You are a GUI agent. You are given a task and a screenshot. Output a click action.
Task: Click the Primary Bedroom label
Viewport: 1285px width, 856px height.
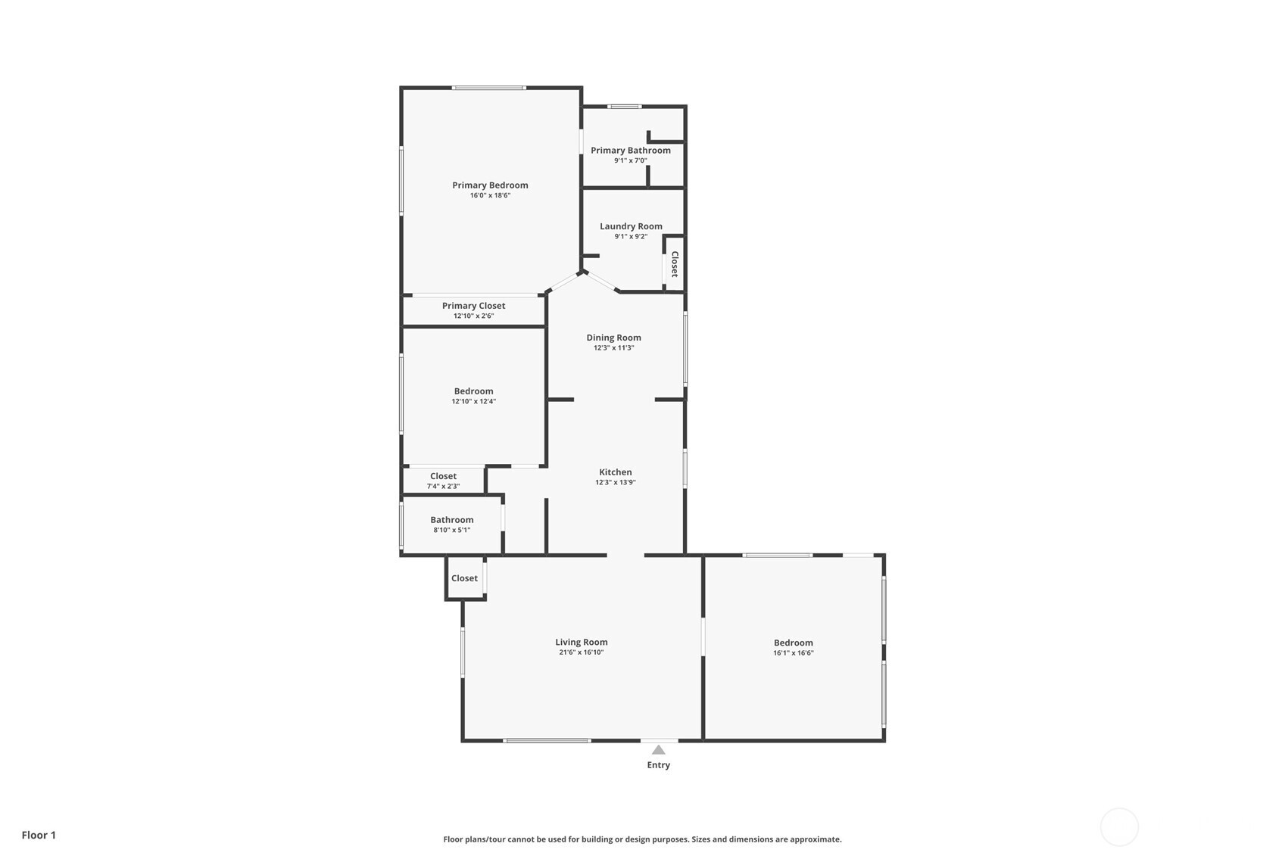point(490,185)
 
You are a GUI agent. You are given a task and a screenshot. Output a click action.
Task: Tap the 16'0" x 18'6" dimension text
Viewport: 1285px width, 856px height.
point(490,195)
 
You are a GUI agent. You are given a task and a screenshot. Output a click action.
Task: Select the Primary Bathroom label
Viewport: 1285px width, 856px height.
point(631,150)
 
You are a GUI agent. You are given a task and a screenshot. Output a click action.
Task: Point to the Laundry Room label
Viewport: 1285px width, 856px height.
point(631,226)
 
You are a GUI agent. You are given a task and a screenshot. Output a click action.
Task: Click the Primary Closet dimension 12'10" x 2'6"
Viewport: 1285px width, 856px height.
point(473,316)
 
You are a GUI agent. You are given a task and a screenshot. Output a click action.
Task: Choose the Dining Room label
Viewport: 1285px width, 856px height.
point(614,338)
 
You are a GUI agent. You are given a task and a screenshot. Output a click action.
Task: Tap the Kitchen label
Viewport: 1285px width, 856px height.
point(616,472)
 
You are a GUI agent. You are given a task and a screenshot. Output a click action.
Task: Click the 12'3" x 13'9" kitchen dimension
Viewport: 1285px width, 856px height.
point(616,482)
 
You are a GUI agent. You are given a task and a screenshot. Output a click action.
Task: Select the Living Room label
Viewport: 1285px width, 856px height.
point(581,642)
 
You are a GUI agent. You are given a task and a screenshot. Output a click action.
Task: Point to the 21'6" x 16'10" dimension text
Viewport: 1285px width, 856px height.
point(581,652)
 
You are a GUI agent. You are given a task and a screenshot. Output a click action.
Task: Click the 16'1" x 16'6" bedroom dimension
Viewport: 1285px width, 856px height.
point(794,653)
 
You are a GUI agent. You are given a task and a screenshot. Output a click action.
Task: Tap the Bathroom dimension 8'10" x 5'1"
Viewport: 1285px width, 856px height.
point(452,531)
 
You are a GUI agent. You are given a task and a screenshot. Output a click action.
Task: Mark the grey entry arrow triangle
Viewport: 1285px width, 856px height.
point(659,750)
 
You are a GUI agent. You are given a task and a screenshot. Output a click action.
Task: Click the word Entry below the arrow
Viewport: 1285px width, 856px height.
point(659,765)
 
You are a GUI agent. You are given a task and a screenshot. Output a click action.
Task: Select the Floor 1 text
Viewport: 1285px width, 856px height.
point(39,835)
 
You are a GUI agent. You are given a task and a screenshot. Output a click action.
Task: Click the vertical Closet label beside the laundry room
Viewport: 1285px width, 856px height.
point(675,264)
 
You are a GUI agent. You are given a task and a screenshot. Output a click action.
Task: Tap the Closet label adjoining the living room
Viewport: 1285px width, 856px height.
point(464,578)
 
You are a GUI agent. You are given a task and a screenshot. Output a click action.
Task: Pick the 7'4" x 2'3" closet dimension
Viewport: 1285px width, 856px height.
point(444,487)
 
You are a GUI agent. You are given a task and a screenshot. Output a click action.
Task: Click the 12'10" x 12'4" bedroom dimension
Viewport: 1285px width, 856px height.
point(474,401)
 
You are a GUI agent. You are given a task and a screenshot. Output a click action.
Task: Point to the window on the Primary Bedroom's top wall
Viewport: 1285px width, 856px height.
point(488,88)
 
